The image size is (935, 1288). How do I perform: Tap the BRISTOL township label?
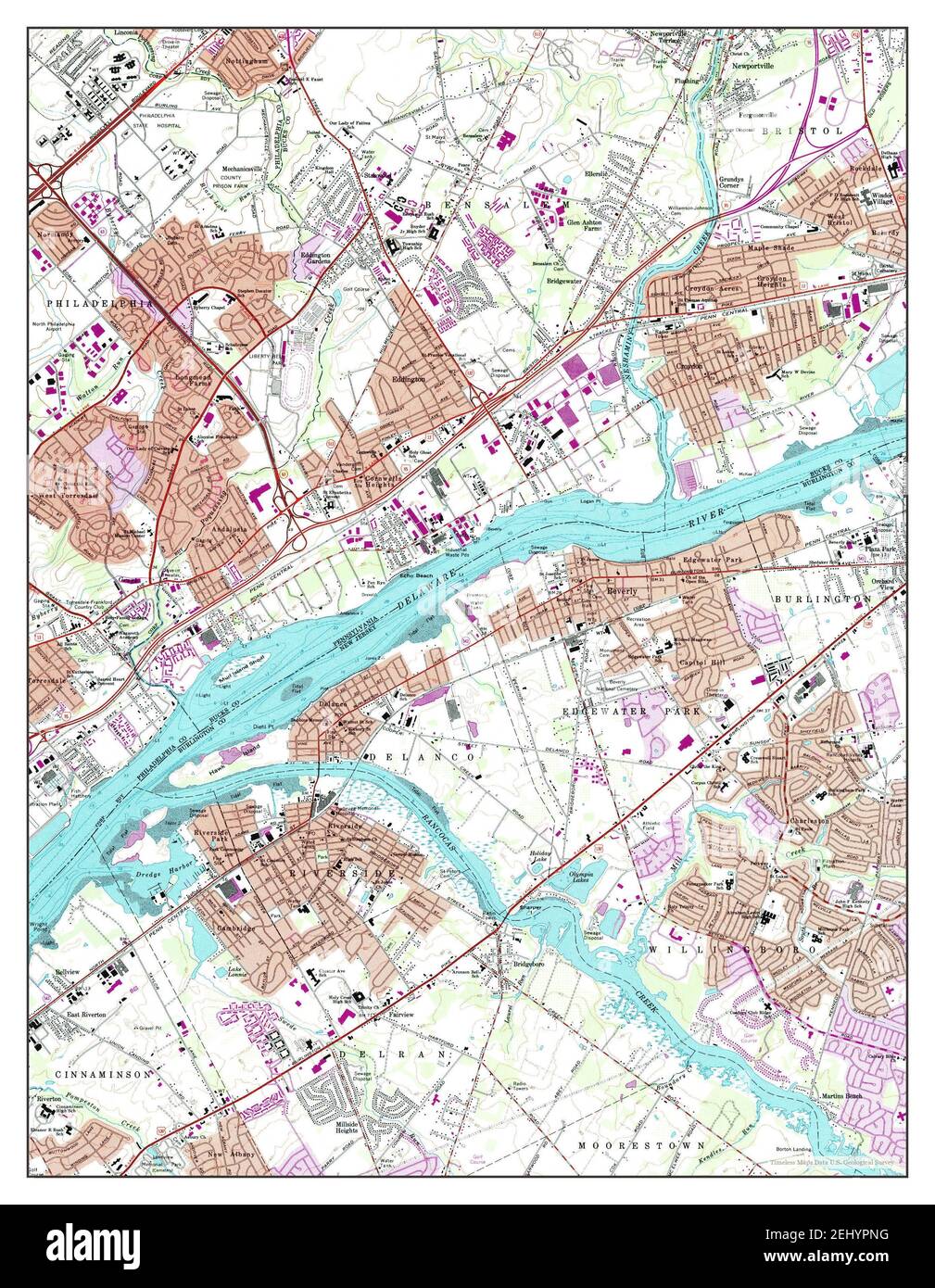tap(802, 132)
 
